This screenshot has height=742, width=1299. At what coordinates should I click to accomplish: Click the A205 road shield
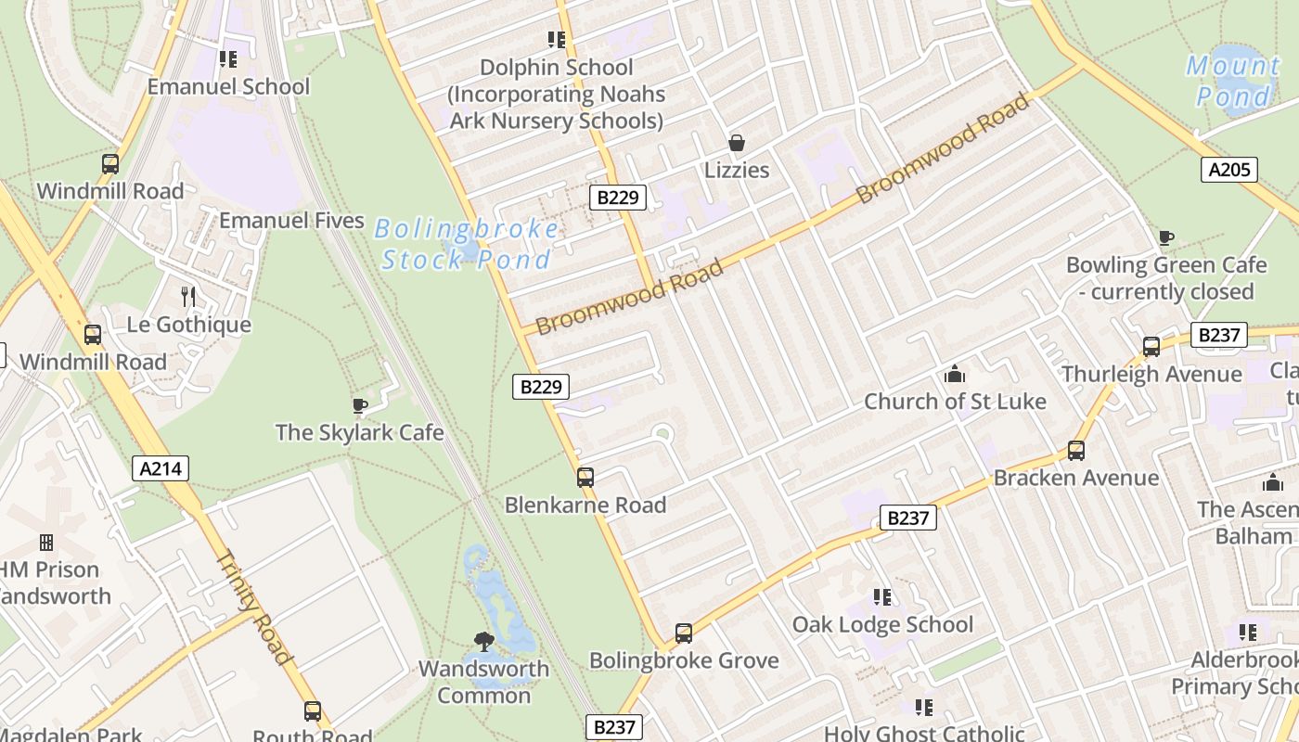[x=1229, y=170]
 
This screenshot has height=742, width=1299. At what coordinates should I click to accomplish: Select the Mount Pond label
[x=1233, y=81]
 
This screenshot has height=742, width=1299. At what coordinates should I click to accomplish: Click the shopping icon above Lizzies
[x=737, y=143]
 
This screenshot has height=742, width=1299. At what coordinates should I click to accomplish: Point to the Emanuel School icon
[x=228, y=59]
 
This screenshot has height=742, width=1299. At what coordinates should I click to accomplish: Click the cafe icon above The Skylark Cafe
[x=360, y=405]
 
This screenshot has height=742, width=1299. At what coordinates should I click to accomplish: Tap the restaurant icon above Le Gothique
[x=188, y=297]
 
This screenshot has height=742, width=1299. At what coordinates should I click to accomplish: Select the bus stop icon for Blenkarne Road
[x=585, y=478]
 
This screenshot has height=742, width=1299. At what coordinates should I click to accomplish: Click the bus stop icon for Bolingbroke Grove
[x=684, y=633]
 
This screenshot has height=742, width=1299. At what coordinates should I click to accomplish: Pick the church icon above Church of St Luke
[x=955, y=375]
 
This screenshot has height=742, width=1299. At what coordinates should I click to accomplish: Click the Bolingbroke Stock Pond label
[x=467, y=244]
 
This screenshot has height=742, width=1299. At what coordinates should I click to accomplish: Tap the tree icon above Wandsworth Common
[x=483, y=641]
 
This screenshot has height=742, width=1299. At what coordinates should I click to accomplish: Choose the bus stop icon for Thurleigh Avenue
[x=1151, y=347]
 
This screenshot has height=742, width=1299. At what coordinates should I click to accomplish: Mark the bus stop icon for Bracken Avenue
[x=1076, y=451]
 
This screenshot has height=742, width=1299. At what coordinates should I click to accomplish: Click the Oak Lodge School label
[x=882, y=624]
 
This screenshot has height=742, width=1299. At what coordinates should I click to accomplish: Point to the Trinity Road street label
[x=254, y=607]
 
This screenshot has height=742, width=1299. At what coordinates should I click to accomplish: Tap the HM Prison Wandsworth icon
[x=45, y=543]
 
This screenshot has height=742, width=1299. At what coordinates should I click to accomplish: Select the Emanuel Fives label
[x=291, y=221]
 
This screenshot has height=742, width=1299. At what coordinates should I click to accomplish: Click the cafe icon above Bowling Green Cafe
[x=1166, y=238]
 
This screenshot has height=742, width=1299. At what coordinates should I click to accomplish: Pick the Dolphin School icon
[x=557, y=40]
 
